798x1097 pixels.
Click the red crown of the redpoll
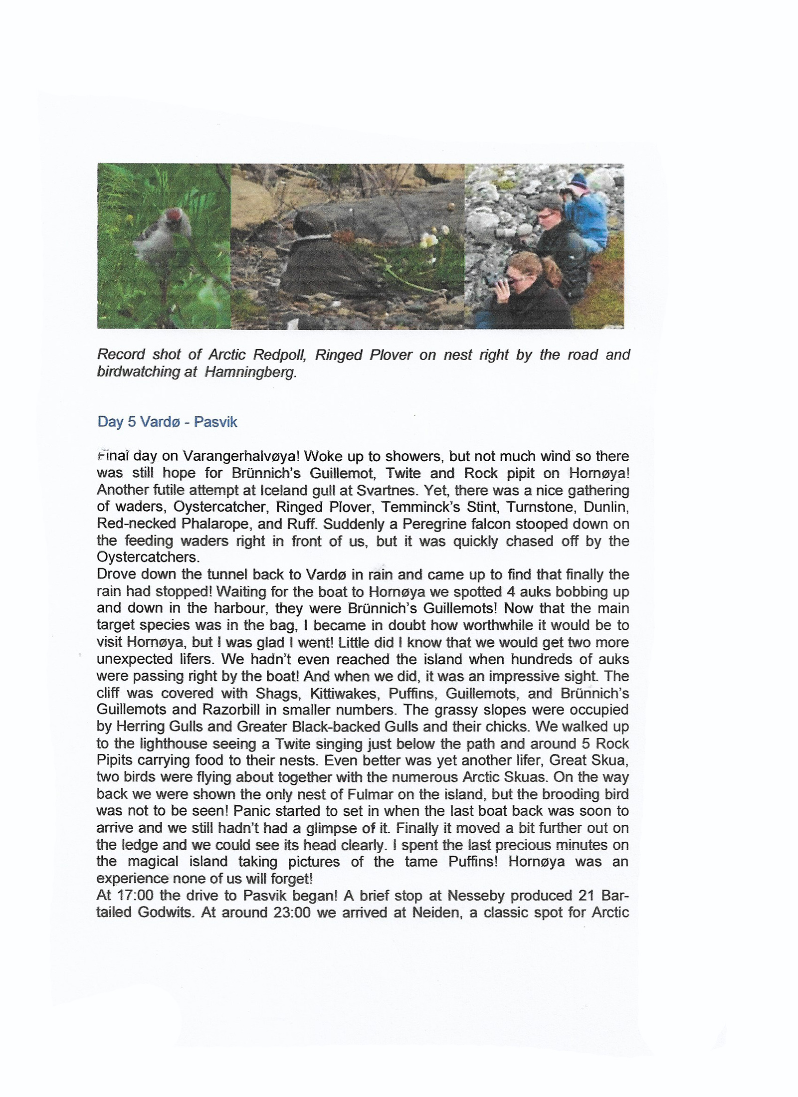click(173, 215)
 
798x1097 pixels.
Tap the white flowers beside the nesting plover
click(429, 240)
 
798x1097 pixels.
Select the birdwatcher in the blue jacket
click(587, 209)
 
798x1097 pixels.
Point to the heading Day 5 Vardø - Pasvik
click(167, 422)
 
